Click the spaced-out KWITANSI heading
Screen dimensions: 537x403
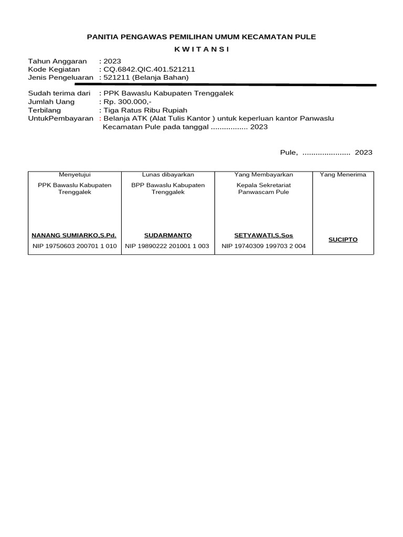201,49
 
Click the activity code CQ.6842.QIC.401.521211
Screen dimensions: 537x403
149,69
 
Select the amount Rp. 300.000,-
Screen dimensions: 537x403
128,102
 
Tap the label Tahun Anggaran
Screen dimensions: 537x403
57,61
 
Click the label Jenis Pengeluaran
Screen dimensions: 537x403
60,78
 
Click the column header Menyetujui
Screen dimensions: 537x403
75,175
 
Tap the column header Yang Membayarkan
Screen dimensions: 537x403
263,175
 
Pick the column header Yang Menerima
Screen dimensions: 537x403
343,175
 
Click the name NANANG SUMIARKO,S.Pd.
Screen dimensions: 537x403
74,235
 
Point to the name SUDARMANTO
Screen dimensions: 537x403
168,235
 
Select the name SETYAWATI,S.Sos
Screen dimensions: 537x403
263,235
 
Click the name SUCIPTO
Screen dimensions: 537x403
343,240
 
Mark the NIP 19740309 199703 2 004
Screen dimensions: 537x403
263,246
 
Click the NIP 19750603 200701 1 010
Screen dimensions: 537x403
74,246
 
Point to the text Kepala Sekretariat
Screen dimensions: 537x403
263,185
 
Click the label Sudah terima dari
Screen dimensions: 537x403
59,93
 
